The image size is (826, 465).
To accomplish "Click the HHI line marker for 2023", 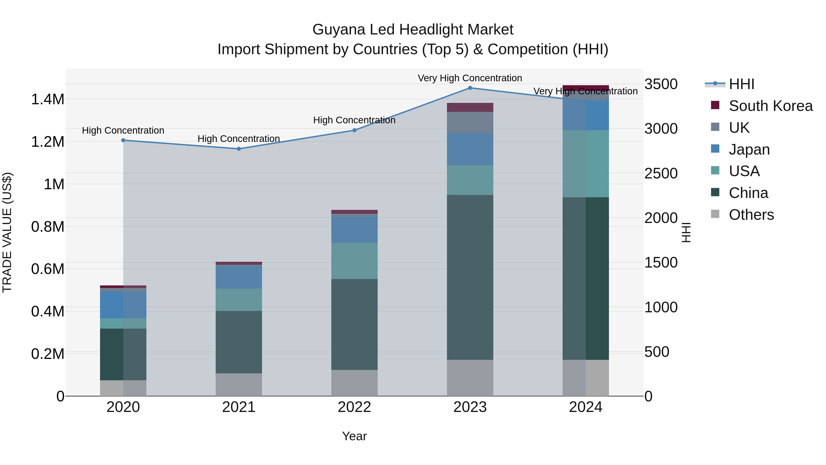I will click(x=470, y=88).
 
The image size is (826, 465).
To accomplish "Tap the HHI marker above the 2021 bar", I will click(x=239, y=149).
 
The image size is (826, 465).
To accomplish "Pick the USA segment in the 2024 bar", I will click(x=586, y=164).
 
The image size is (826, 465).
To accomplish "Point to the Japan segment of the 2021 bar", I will click(x=239, y=277).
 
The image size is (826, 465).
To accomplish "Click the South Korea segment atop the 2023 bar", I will click(x=470, y=107).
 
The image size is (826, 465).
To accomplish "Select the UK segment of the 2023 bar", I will click(x=470, y=122).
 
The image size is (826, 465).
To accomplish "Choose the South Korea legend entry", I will click(x=770, y=106).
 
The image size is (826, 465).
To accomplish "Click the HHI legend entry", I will click(x=741, y=84).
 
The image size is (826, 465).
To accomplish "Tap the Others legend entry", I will click(x=751, y=215).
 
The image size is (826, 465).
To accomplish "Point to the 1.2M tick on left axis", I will click(x=48, y=141).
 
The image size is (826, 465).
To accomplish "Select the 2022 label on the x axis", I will click(x=354, y=407).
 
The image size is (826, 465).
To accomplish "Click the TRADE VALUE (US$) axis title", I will click(x=7, y=232).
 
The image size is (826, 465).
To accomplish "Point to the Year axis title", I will click(x=354, y=436).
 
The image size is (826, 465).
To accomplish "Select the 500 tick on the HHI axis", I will click(x=657, y=352).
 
